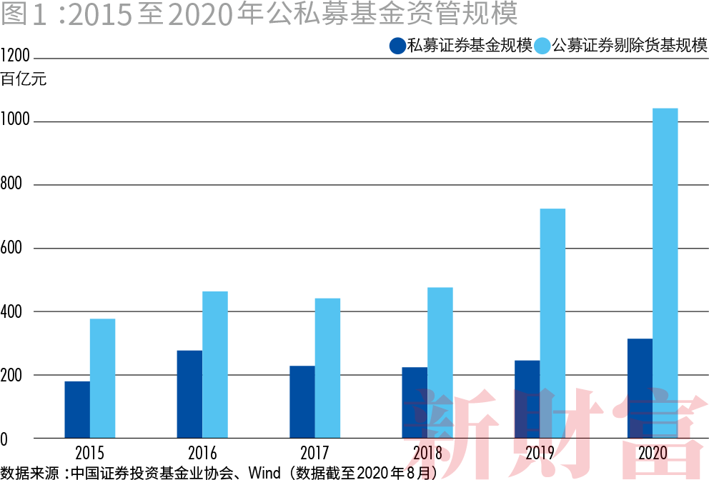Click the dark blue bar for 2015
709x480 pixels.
(77, 409)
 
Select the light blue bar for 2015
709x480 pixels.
(102, 378)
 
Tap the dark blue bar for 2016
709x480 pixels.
(189, 394)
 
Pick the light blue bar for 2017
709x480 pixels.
(327, 368)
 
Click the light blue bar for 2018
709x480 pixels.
(440, 362)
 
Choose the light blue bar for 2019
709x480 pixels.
(552, 323)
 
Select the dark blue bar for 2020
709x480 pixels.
(640, 388)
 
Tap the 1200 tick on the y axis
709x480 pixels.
(15, 56)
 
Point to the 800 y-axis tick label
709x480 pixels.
(12, 184)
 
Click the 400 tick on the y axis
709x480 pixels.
(12, 311)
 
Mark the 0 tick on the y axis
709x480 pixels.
(4, 439)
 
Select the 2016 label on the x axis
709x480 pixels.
(202, 454)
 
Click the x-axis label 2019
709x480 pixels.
(540, 454)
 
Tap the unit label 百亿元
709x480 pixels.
(24, 79)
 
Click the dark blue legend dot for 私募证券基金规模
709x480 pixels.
(397, 46)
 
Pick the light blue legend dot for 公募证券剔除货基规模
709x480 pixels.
(542, 46)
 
